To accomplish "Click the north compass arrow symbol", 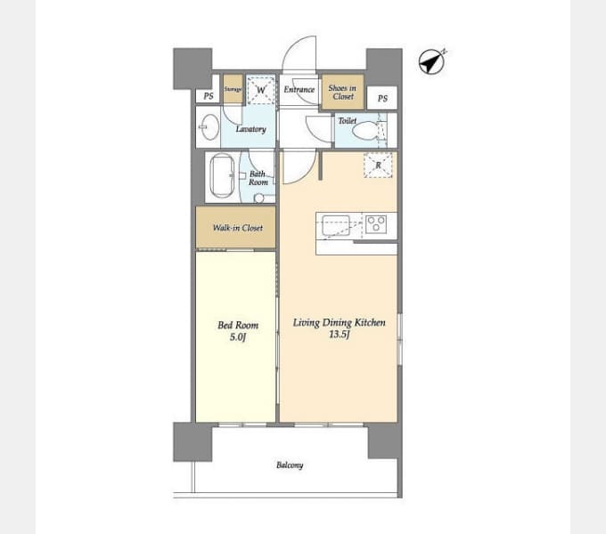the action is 431,61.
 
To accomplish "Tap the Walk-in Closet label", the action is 238,228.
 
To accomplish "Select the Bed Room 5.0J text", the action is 238,331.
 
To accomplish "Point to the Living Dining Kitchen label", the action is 339,322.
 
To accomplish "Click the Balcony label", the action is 290,465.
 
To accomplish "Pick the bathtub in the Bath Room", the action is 222,176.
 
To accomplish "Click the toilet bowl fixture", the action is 364,131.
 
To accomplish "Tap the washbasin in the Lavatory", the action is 209,126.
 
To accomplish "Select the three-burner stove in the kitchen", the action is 376,223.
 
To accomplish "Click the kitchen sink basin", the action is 336,225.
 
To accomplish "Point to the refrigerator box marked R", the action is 378,166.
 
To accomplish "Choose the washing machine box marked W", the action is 261,90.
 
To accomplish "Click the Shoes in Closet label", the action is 342,93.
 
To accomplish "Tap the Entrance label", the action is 299,90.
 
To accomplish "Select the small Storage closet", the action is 233,89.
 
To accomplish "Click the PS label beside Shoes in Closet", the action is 382,99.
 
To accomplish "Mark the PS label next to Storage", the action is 209,96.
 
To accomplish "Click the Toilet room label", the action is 347,121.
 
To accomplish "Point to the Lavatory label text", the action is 250,129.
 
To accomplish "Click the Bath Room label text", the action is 258,178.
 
